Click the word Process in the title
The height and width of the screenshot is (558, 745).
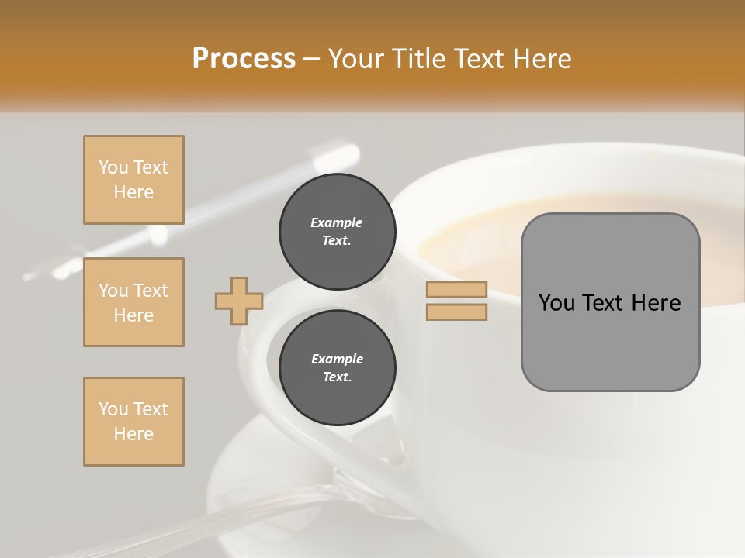244,59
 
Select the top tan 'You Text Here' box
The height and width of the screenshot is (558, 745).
133,180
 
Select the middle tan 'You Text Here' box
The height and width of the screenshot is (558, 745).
133,302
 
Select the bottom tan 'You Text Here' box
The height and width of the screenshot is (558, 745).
133,422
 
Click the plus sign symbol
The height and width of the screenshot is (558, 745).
239,301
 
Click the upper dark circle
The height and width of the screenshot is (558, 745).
338,232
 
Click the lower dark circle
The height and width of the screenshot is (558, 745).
338,368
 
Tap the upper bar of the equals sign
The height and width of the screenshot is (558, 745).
456,289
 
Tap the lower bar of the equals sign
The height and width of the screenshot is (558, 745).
456,312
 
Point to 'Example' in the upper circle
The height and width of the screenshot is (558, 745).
337,222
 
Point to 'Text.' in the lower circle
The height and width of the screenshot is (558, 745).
337,377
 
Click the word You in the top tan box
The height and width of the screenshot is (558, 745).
113,167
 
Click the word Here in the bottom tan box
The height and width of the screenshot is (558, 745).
133,434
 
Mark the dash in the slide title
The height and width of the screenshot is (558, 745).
311,59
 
